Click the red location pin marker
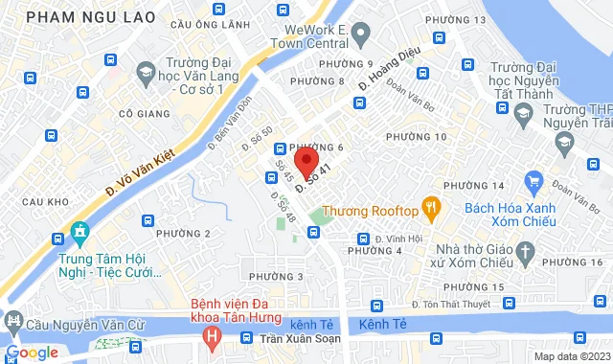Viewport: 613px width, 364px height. pos(305,160)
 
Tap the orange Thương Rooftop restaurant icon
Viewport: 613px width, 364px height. pos(433,208)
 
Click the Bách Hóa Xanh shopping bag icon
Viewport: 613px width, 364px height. pos(534,180)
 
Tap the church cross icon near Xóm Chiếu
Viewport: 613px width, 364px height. pos(525,252)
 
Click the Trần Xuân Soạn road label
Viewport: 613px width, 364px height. pos(298,339)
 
